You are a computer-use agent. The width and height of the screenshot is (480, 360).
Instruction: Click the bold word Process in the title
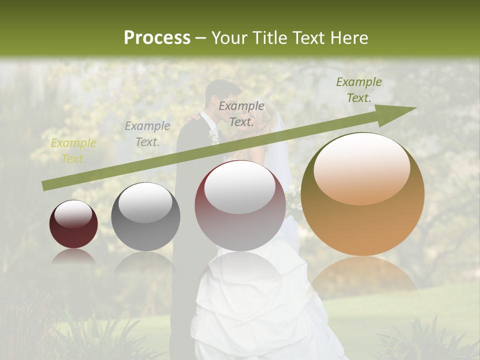157,37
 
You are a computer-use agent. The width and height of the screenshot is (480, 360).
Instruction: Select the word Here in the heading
349,37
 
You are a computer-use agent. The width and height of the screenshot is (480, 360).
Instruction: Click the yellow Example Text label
73,151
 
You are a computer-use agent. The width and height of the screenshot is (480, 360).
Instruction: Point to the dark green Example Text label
358,90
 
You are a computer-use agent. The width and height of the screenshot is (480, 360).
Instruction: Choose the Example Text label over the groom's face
241,113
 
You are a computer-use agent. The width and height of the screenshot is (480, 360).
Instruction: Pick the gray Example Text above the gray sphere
147,134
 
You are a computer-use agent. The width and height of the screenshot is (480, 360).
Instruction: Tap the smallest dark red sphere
73,224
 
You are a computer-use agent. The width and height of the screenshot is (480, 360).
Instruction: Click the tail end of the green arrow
46,186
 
